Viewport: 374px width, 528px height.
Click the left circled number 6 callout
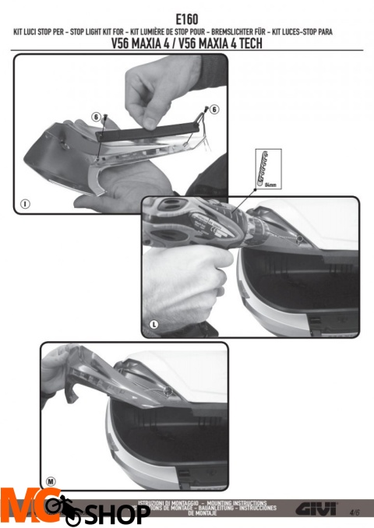96,116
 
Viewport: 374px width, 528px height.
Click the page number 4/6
355,512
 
